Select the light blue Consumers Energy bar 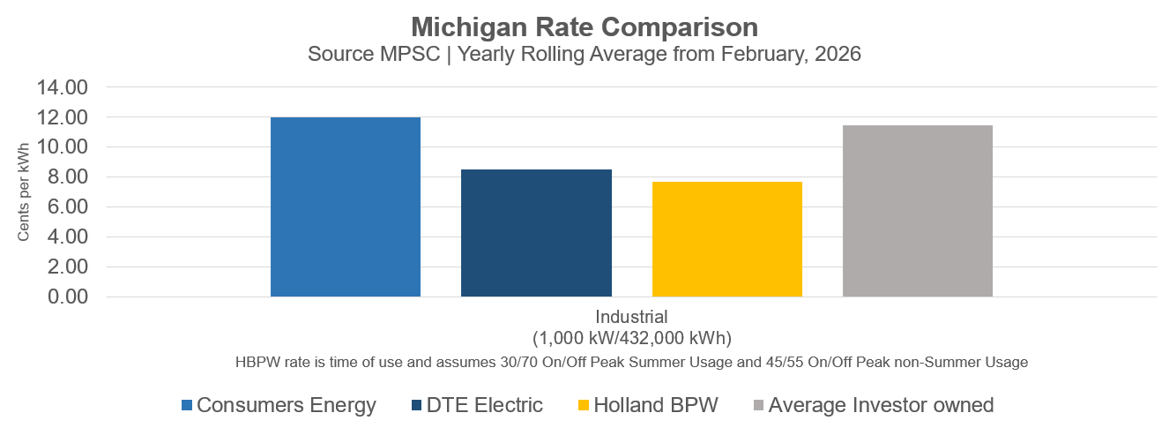point(346,207)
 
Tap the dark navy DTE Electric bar point(536,233)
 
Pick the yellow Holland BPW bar point(727,239)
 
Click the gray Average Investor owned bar point(918,211)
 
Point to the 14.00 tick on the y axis point(62,87)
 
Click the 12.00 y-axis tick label point(62,117)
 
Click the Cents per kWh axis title point(24,192)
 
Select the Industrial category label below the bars point(631,317)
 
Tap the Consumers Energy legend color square point(187,406)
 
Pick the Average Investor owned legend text point(881,406)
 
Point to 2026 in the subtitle point(837,54)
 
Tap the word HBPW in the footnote point(257,362)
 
